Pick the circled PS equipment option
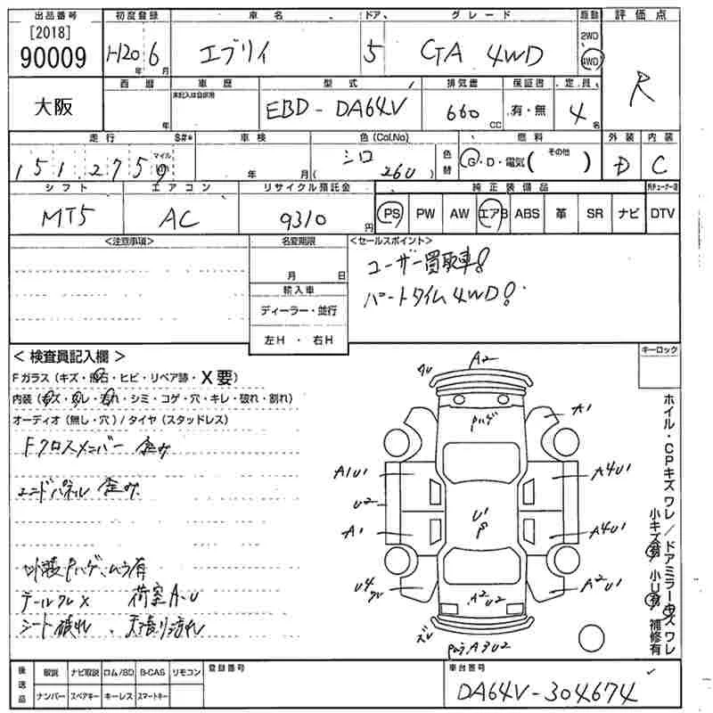coord(389,214)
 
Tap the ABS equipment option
coord(527,214)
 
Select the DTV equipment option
coord(662,214)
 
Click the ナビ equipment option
coord(628,214)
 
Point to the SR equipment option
coord(594,214)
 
